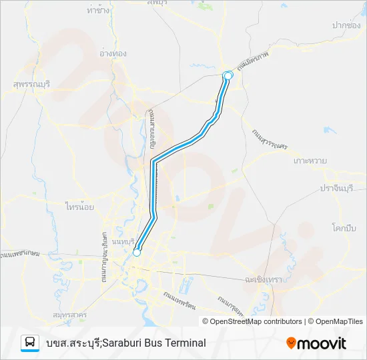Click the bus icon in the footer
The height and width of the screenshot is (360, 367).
30,343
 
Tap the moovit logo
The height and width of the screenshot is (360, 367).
316,343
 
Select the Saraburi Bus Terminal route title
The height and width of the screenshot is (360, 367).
126,343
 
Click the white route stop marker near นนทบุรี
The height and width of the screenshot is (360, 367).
137,253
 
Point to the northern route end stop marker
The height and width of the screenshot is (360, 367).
228,75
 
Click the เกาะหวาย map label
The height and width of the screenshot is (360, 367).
310,161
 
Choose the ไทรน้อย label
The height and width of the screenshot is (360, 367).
79,207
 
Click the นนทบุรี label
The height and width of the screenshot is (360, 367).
124,241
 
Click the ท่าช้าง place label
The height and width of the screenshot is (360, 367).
98,11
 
